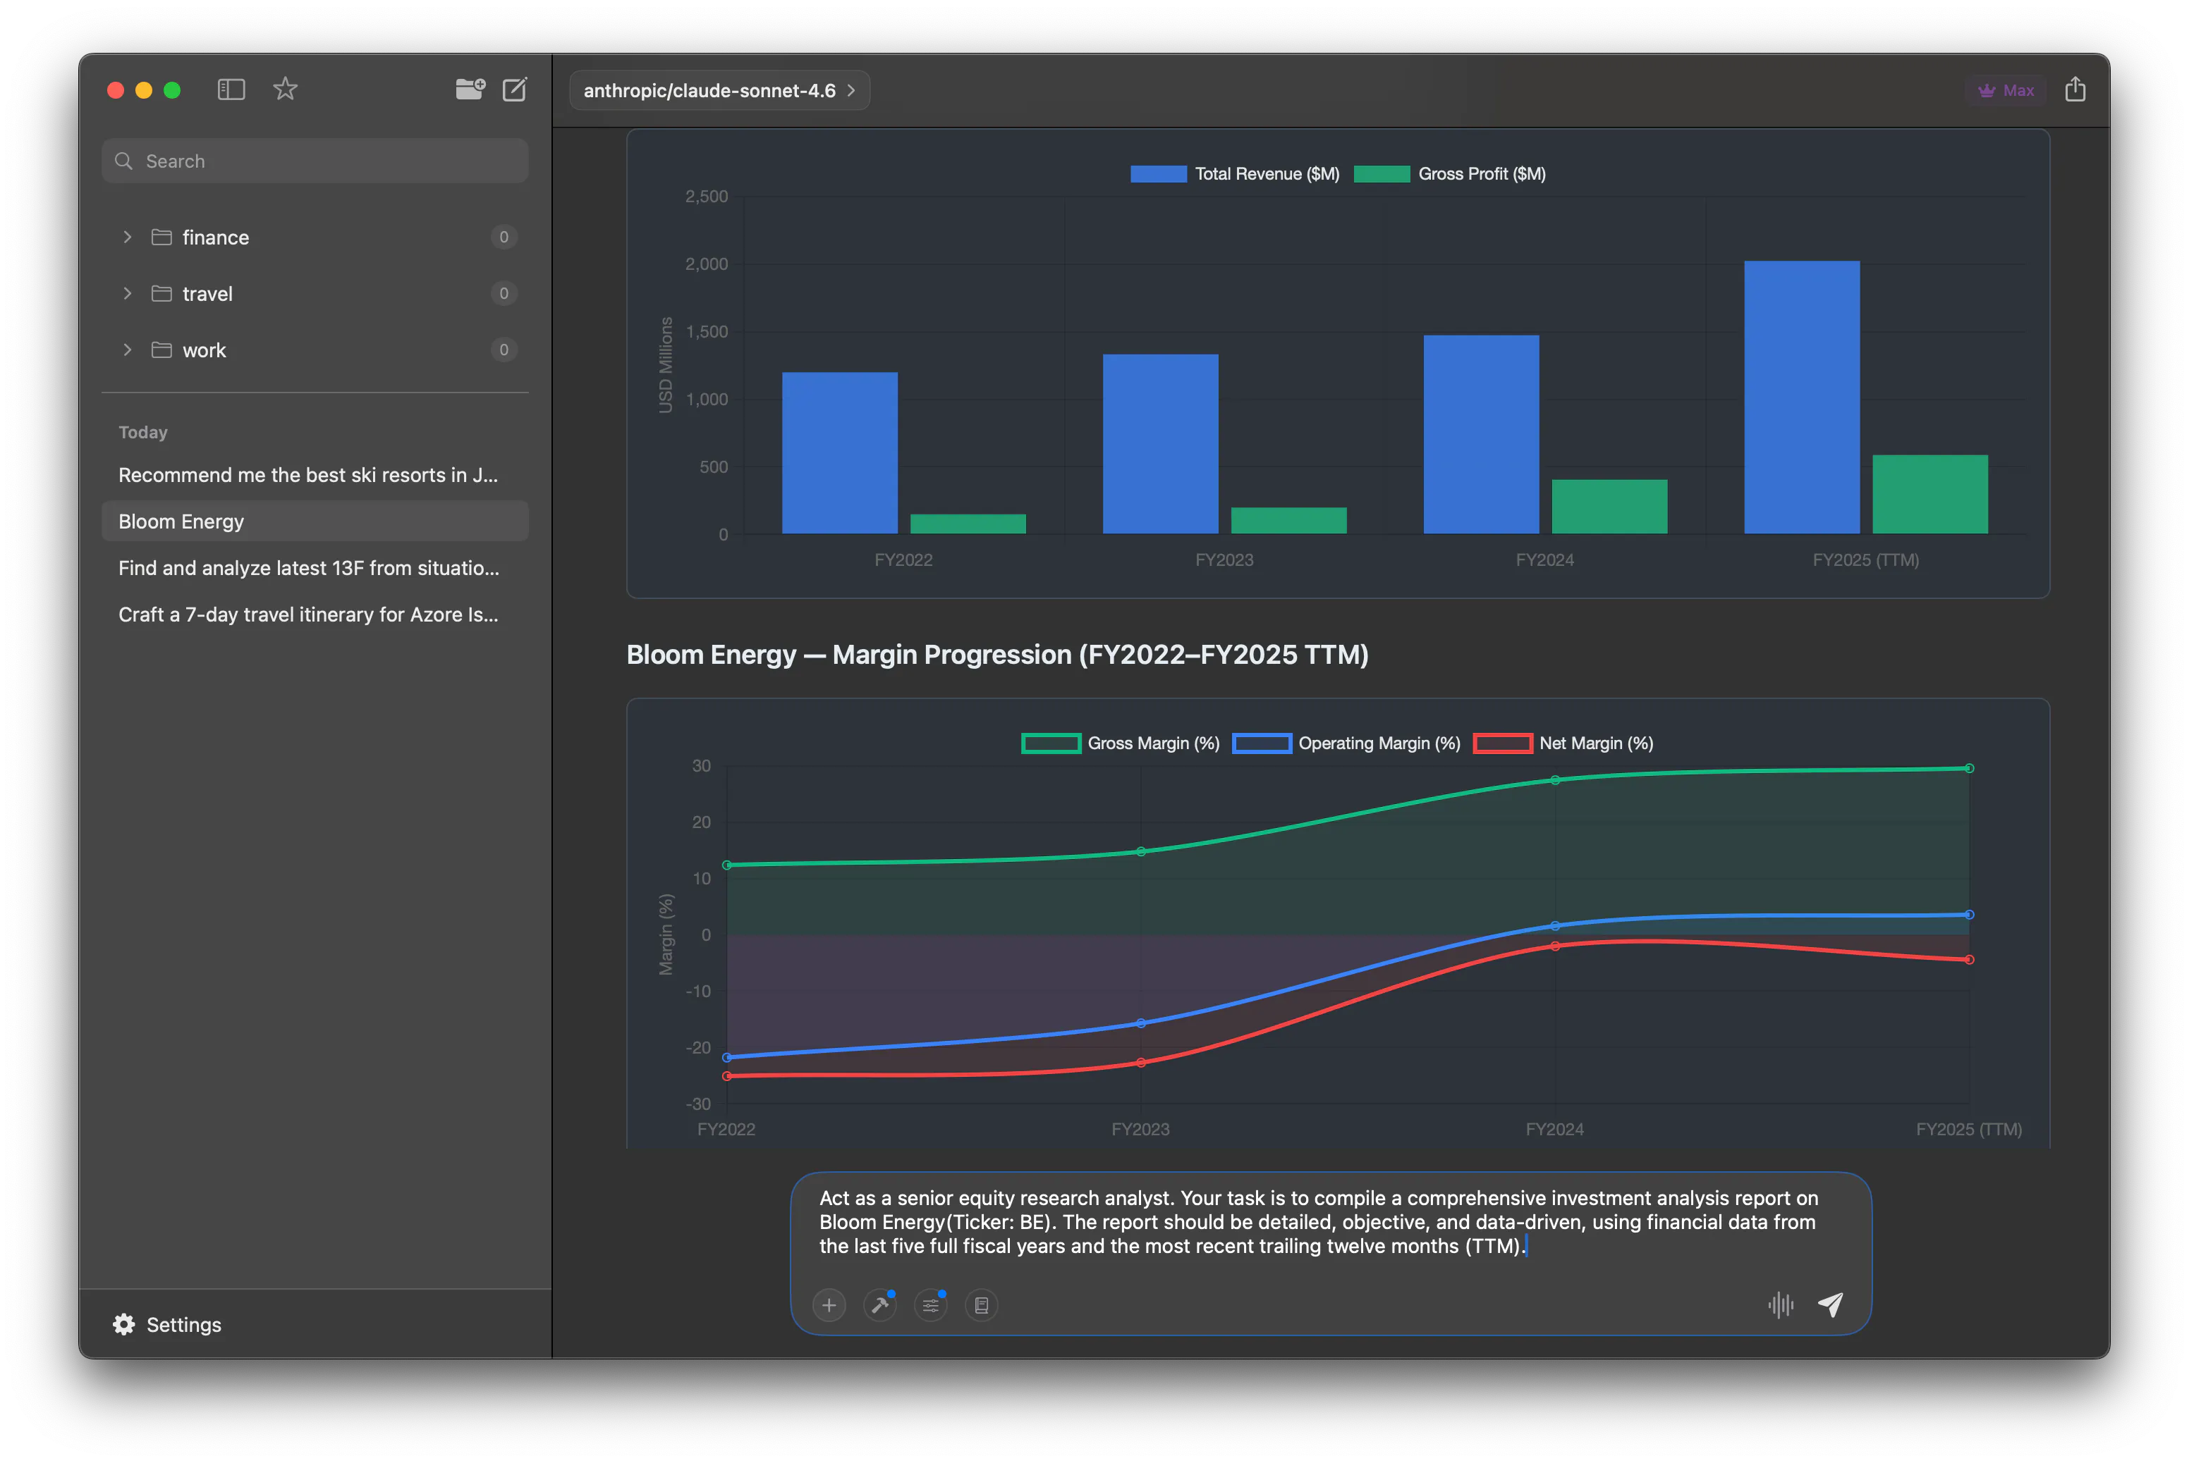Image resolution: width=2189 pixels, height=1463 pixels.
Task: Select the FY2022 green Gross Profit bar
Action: pyautogui.click(x=968, y=524)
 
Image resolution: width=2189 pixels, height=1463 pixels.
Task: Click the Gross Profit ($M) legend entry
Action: pyautogui.click(x=1450, y=173)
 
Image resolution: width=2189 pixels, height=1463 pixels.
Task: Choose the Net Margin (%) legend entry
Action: pyautogui.click(x=1563, y=743)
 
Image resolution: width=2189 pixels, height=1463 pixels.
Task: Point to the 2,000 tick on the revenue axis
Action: pyautogui.click(x=706, y=264)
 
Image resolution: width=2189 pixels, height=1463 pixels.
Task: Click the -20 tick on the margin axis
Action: pyautogui.click(x=698, y=1047)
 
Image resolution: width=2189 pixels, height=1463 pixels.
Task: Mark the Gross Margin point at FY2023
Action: pyautogui.click(x=1141, y=851)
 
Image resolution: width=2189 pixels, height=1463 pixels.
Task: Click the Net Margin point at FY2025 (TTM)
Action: pyautogui.click(x=1969, y=959)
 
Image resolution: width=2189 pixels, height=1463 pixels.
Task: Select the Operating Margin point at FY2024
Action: pyautogui.click(x=1554, y=925)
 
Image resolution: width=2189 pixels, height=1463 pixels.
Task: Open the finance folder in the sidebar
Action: pyautogui.click(x=216, y=237)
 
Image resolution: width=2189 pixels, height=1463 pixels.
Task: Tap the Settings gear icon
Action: pyautogui.click(x=124, y=1324)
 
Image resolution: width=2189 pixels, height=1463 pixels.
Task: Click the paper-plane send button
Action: pyautogui.click(x=1829, y=1304)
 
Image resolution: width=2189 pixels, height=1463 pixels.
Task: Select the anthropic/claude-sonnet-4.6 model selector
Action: pyautogui.click(x=719, y=90)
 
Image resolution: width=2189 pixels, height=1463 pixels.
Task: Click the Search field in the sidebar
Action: pyautogui.click(x=315, y=161)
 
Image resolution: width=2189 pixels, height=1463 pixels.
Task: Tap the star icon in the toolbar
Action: pyautogui.click(x=286, y=89)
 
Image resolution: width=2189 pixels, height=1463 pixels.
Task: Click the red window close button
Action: pyautogui.click(x=116, y=89)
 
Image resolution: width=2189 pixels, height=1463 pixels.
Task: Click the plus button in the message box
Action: pyautogui.click(x=829, y=1304)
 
